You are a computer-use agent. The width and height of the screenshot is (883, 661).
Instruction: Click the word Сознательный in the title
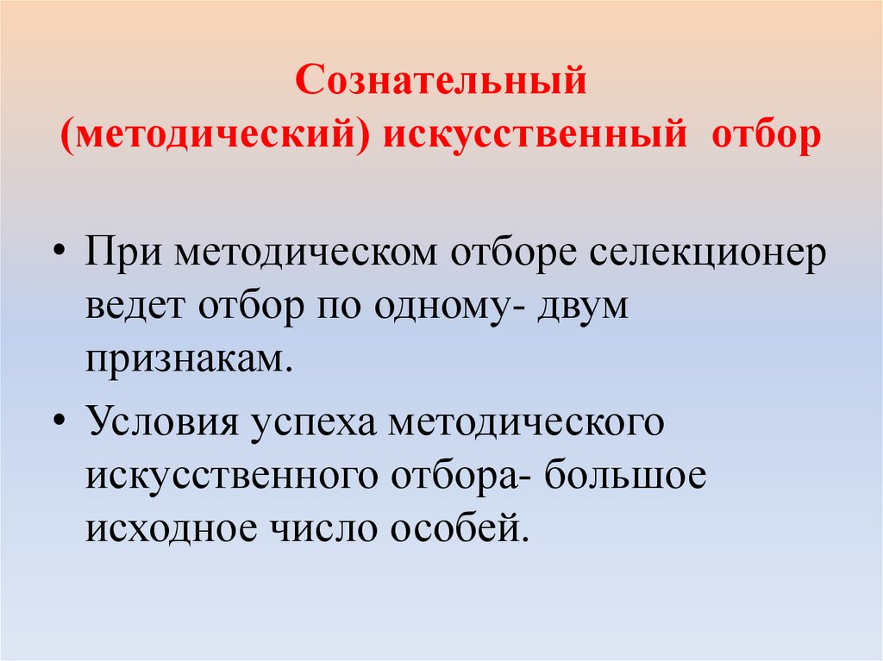441,84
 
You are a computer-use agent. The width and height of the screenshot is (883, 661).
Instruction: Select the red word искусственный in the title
537,136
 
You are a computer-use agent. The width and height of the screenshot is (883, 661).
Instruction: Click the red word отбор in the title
762,136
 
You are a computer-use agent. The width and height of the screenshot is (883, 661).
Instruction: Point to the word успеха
316,426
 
